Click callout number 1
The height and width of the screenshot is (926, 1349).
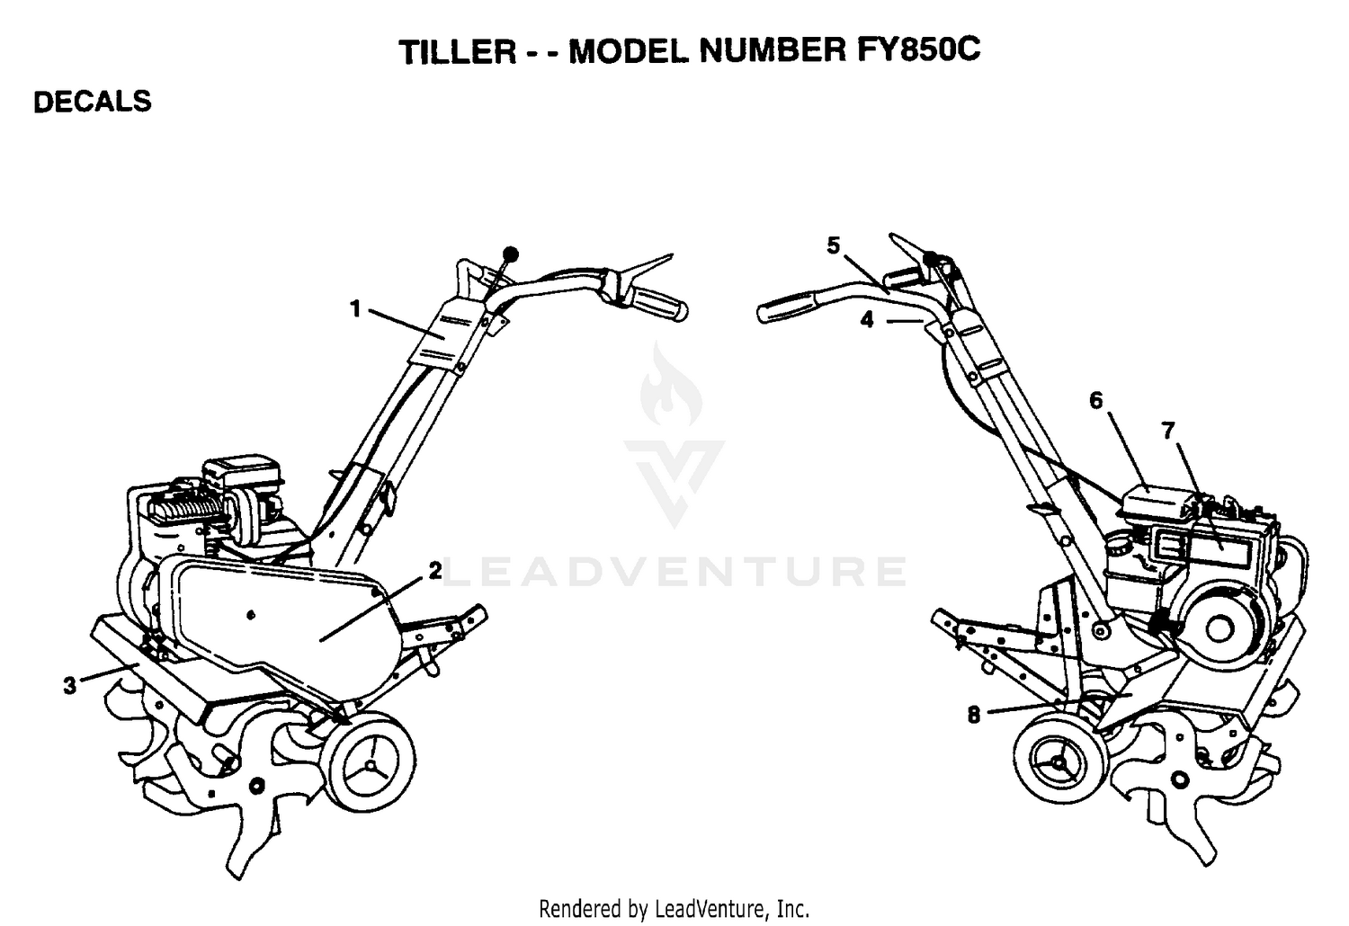[x=355, y=309]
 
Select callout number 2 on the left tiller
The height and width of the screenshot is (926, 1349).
[x=434, y=571]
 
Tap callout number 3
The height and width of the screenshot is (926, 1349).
[x=70, y=685]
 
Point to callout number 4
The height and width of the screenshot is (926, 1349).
[x=867, y=320]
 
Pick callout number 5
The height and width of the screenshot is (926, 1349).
[x=833, y=245]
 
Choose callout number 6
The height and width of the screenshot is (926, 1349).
[x=1096, y=400]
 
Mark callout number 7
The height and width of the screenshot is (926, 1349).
[x=1167, y=432]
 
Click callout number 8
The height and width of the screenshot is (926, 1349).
[x=974, y=716]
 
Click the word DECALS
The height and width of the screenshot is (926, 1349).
[x=92, y=102]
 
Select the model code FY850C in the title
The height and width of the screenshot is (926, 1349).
[x=918, y=49]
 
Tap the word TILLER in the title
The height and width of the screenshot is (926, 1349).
[x=458, y=52]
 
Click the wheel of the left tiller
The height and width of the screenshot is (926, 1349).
[x=369, y=761]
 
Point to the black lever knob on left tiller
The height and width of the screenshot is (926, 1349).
[x=511, y=254]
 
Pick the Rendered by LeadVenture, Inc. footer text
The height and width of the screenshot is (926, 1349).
[x=674, y=909]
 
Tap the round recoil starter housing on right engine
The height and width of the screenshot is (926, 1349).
[x=1219, y=628]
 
